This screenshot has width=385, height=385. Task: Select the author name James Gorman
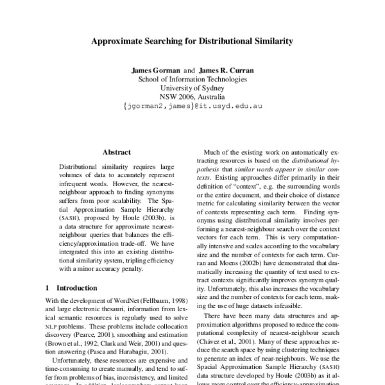pyautogui.click(x=157, y=69)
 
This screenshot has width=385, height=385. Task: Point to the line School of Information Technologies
pyautogui.click(x=192, y=79)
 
